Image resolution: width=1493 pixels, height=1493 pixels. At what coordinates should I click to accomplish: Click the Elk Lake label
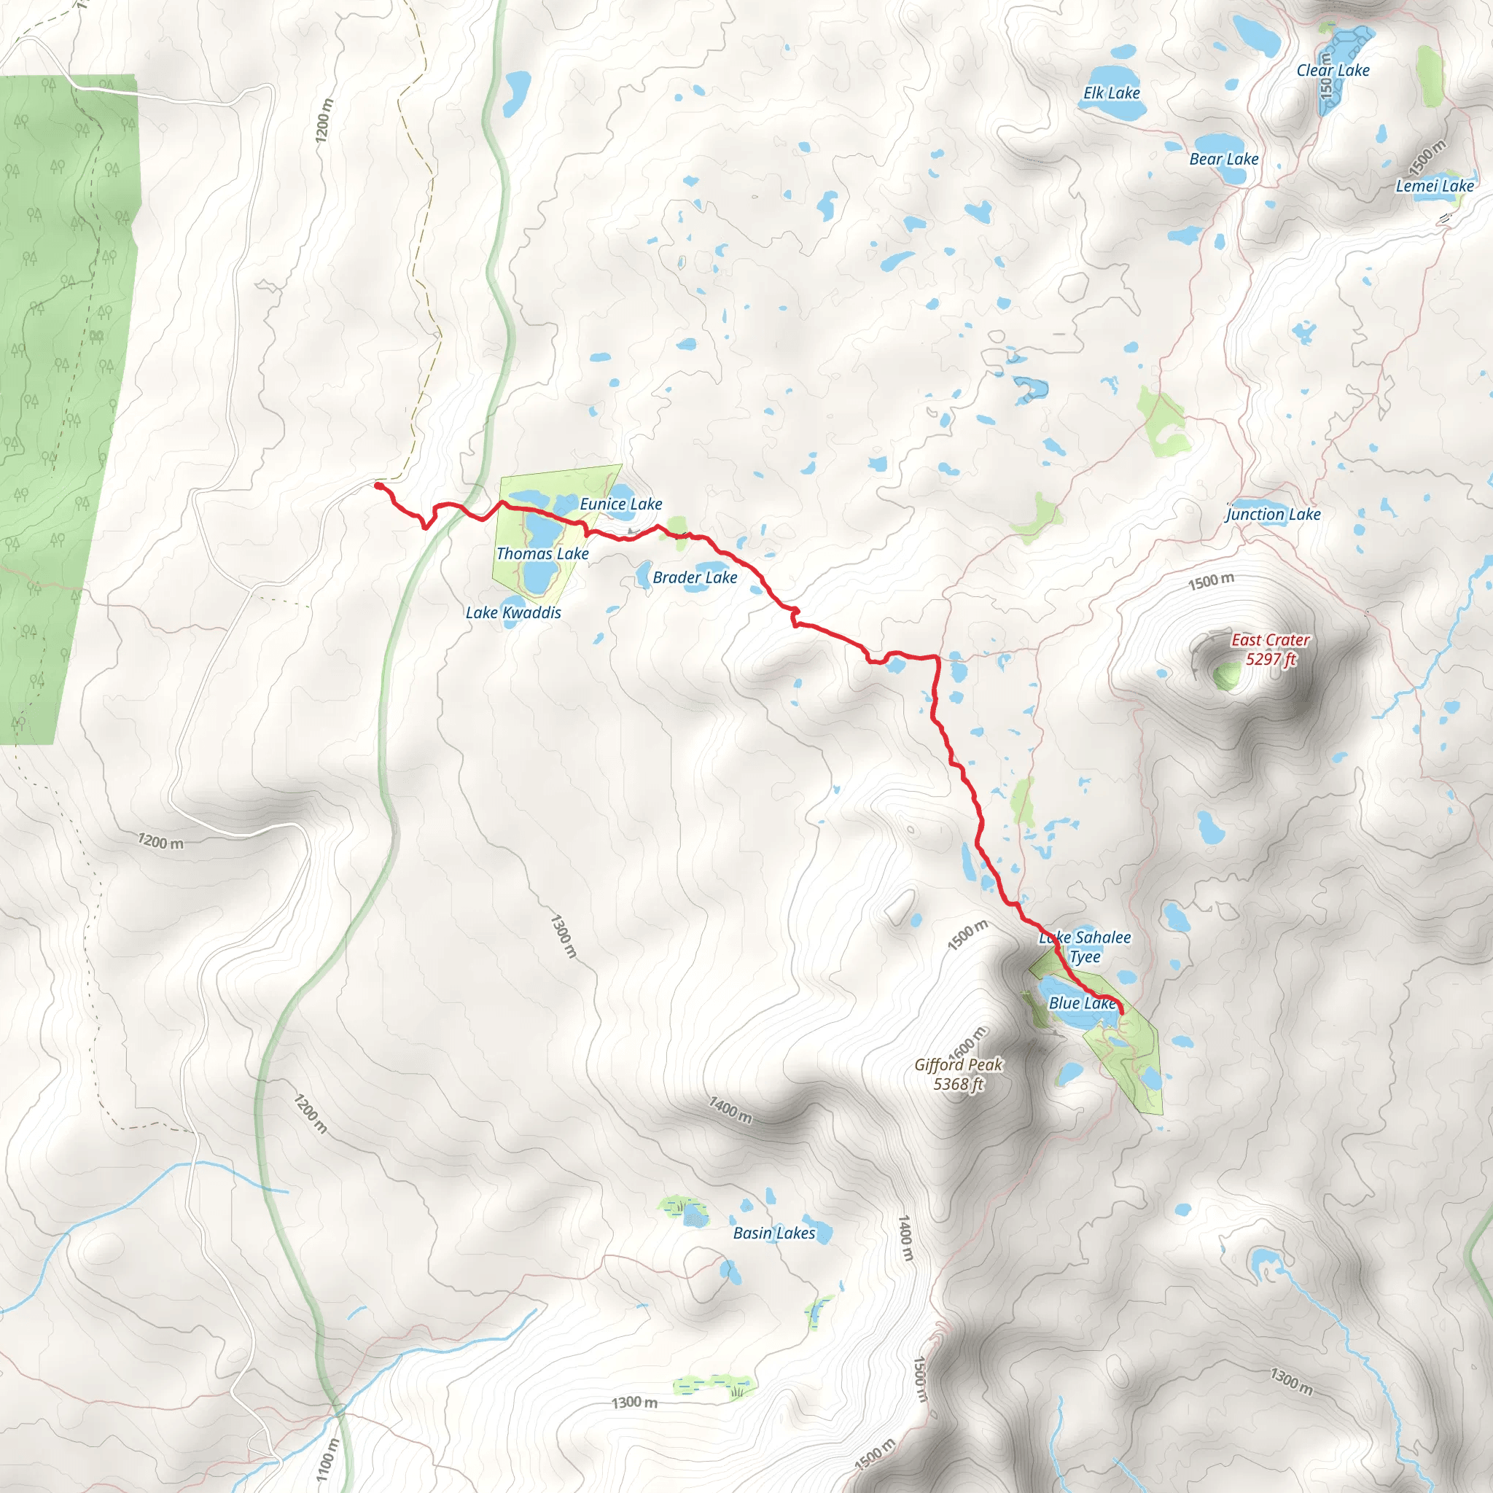tap(1111, 93)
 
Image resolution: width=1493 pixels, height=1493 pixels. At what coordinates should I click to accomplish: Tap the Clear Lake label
tap(1333, 70)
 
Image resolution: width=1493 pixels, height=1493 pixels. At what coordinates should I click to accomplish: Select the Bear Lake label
tap(1223, 159)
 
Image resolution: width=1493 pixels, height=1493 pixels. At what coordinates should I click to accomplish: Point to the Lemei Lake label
tap(1434, 186)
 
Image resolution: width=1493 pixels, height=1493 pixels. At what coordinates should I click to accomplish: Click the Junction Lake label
tap(1274, 515)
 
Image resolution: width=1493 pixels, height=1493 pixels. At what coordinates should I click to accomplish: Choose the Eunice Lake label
tap(620, 504)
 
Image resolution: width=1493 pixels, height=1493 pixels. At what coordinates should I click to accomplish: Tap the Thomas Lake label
tap(542, 554)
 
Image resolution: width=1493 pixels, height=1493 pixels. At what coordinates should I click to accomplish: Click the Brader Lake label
tap(695, 578)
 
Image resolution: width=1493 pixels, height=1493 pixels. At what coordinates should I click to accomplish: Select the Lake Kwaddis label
tap(513, 613)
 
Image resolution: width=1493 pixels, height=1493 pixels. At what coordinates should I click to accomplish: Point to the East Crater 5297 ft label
tap(1271, 649)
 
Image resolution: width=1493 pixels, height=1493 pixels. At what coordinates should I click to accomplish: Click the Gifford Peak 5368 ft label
tap(958, 1074)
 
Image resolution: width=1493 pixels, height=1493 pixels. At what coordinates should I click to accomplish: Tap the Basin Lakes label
tap(773, 1233)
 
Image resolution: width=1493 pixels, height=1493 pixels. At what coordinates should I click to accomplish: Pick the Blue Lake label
tap(1082, 1003)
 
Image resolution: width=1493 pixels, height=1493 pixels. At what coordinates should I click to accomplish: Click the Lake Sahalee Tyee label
tap(1085, 947)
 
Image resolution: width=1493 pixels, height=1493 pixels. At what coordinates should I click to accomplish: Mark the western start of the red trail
tap(377, 486)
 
